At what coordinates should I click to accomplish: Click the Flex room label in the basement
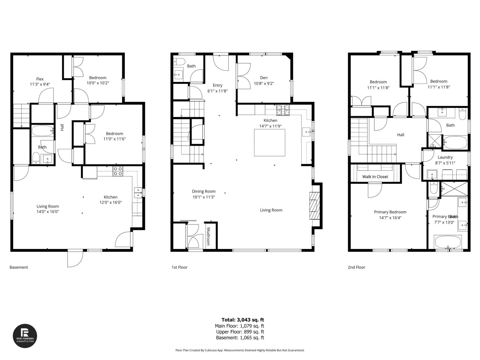[x=40, y=79]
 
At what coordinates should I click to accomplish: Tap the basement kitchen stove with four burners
[x=118, y=171]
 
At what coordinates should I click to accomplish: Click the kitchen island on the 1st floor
[x=269, y=142]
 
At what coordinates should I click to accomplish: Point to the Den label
[x=264, y=78]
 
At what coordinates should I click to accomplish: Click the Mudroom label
[x=208, y=236]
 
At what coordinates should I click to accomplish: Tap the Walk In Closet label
[x=375, y=177]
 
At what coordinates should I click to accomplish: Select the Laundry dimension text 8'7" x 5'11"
[x=445, y=163]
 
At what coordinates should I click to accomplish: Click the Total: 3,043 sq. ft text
[x=242, y=320]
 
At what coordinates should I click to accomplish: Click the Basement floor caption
[x=19, y=267]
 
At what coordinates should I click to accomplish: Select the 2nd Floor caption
[x=356, y=267]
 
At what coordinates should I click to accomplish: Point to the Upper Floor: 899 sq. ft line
[x=240, y=332]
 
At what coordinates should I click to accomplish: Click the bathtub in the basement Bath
[x=42, y=131]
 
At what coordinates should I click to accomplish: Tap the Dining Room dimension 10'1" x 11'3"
[x=204, y=197]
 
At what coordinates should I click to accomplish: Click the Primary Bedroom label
[x=390, y=212]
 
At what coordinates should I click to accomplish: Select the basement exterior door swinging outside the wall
[x=75, y=259]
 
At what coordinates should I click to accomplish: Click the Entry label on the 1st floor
[x=217, y=85]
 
